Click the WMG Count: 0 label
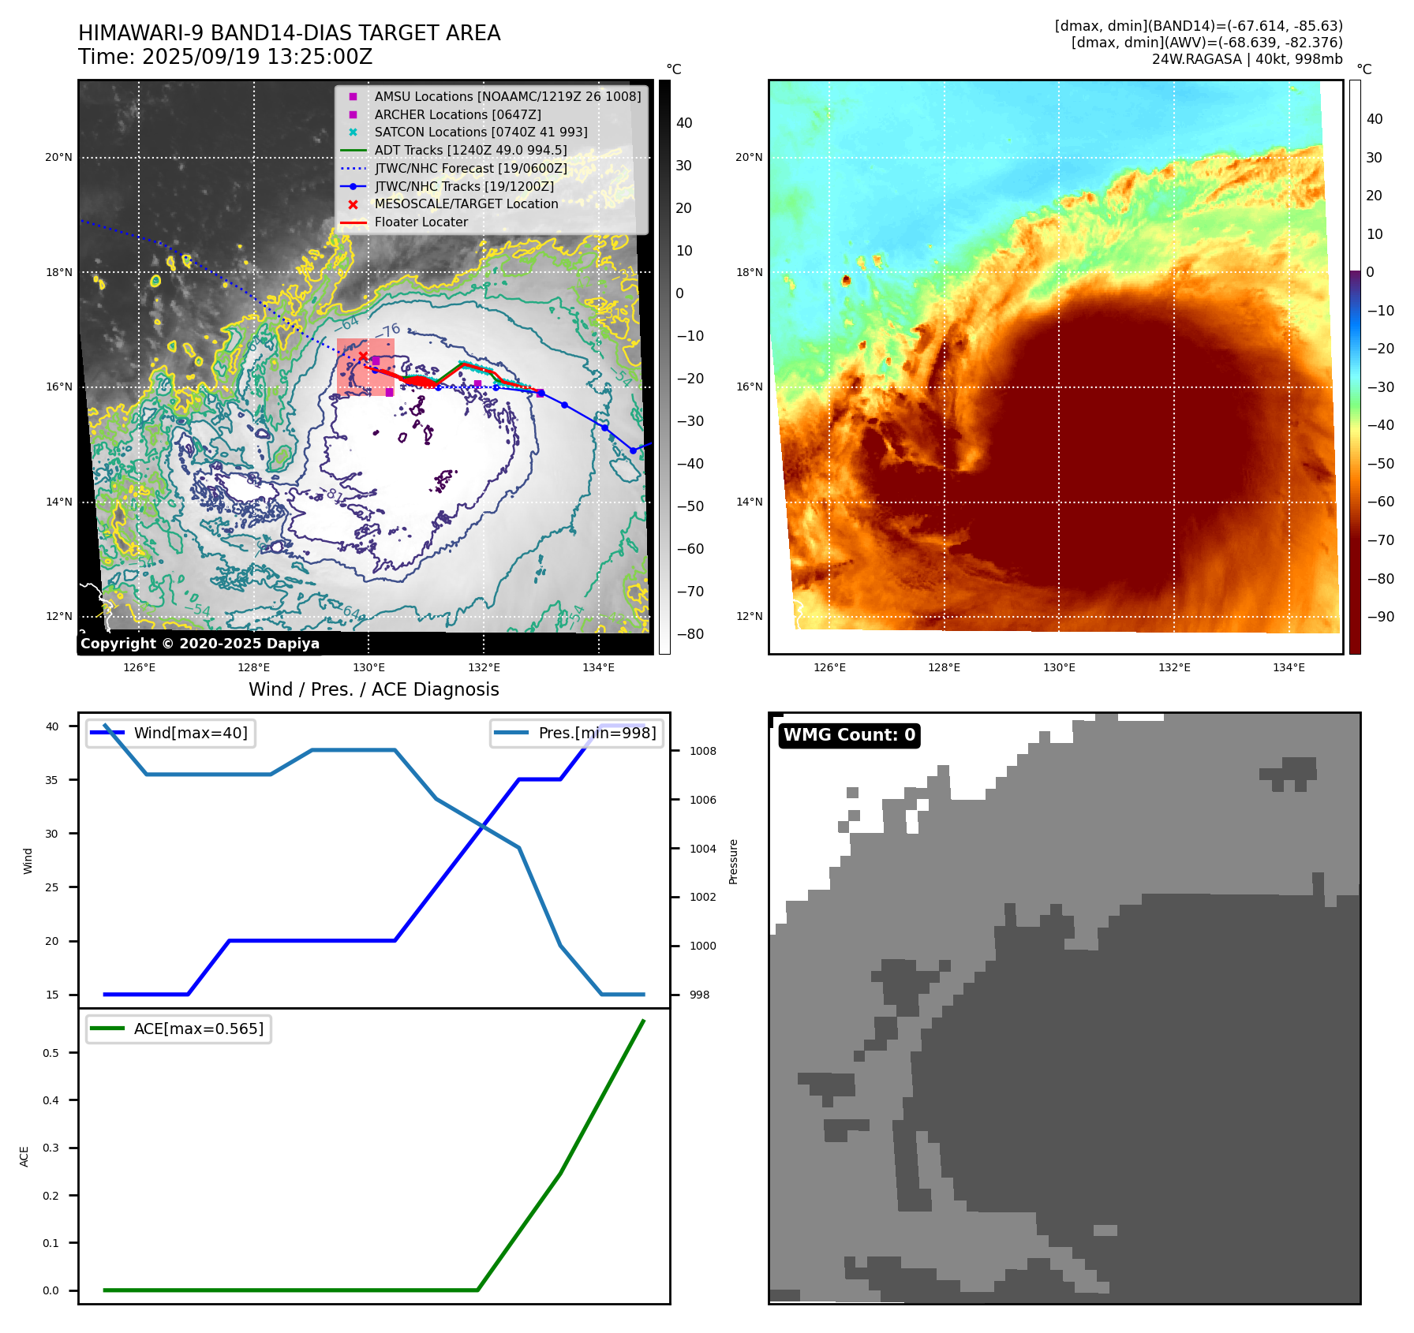click(x=849, y=735)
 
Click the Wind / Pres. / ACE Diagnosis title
click(x=373, y=689)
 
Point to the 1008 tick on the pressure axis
click(x=702, y=751)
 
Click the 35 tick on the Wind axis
click(x=52, y=780)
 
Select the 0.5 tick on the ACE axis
click(x=51, y=1053)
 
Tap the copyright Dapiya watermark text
click(x=200, y=644)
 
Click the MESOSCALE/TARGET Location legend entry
click(x=466, y=203)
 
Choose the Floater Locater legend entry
click(x=421, y=222)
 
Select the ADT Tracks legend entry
click(x=470, y=150)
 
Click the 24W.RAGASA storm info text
click(x=1247, y=59)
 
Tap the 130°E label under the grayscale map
click(x=368, y=667)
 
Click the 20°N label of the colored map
click(x=749, y=157)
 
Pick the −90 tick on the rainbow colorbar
click(x=1380, y=617)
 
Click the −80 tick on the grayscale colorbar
click(x=690, y=634)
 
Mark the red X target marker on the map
click(x=363, y=357)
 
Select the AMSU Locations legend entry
click(x=507, y=96)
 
